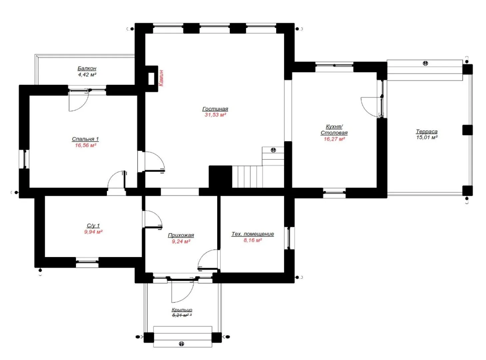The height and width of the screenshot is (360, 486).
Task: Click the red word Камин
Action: coord(161,78)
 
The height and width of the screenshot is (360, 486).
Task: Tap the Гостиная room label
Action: coord(215,109)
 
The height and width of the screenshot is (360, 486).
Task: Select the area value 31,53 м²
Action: coord(215,115)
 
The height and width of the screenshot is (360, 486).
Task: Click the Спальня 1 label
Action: coord(85,139)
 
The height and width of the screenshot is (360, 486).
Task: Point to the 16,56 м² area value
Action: coord(86,145)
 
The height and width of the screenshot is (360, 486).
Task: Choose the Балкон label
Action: coord(87,68)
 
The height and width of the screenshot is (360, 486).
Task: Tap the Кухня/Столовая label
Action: coord(334,129)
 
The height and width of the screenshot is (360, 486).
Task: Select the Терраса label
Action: coord(426,131)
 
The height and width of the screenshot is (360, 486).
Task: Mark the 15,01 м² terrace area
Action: coord(427,137)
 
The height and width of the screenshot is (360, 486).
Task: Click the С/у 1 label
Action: coord(93,225)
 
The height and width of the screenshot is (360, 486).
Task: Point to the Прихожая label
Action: coord(181,235)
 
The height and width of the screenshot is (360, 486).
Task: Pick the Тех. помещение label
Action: coord(252,234)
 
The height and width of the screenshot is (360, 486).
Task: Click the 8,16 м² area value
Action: coord(252,240)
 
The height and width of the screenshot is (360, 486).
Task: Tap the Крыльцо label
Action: coord(182,310)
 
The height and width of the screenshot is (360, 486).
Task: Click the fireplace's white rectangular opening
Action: coord(151,78)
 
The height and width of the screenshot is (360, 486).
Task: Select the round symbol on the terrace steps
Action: coord(425,63)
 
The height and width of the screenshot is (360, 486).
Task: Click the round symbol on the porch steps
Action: coord(182,344)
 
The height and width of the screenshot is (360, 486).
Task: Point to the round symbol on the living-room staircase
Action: coord(273,150)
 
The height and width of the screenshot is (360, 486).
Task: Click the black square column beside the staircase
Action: coord(220,177)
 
